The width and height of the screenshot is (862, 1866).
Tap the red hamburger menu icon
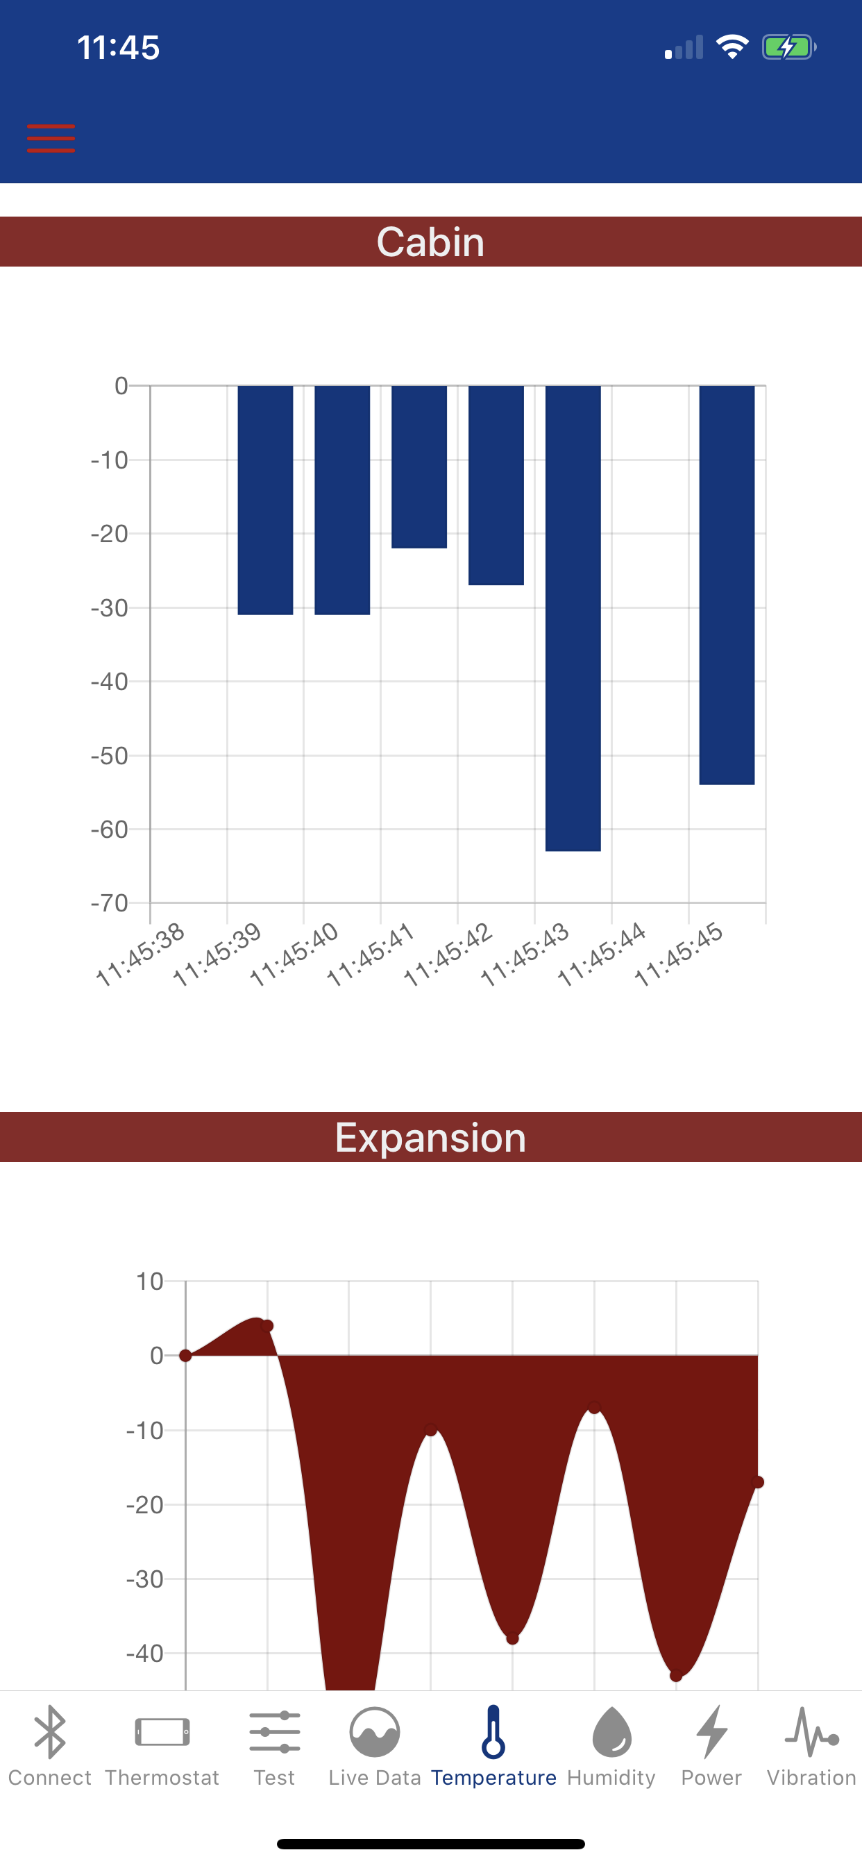pos(51,137)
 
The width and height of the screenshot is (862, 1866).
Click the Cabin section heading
pos(430,242)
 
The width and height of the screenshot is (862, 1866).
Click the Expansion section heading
pos(430,1137)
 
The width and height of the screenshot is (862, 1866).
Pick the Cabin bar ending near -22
pos(419,466)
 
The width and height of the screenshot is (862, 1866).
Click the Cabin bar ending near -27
pos(496,485)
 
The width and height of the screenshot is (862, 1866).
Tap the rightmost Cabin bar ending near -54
pos(727,585)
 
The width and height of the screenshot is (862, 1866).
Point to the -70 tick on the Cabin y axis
pos(110,903)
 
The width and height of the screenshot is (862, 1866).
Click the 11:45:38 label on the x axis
pos(140,954)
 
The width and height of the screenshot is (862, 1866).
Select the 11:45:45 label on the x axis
pos(679,954)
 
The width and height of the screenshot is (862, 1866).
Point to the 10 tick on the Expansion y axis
pos(150,1281)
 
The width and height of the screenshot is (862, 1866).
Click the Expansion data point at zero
pos(185,1355)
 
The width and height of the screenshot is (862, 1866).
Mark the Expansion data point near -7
pos(594,1407)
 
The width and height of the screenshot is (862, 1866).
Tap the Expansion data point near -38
pos(512,1638)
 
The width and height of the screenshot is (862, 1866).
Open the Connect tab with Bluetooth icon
pos(49,1746)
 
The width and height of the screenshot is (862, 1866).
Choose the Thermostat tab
pos(162,1746)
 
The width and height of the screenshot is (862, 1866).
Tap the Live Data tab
pos(375,1746)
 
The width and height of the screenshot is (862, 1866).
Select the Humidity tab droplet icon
pos(611,1733)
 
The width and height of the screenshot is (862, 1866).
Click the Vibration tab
pos(811,1746)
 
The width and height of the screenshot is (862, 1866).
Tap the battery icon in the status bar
pos(788,48)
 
